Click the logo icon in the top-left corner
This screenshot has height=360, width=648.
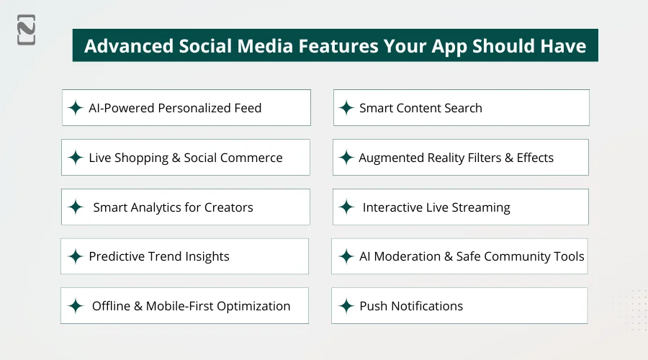click(x=27, y=30)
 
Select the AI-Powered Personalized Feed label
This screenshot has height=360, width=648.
click(x=175, y=108)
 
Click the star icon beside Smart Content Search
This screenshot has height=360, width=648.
click(x=346, y=108)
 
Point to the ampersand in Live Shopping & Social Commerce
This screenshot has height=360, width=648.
click(x=176, y=158)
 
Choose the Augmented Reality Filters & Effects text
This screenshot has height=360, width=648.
click(x=456, y=158)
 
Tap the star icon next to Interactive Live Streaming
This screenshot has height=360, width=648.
click(x=346, y=207)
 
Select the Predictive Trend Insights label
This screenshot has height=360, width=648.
click(x=159, y=256)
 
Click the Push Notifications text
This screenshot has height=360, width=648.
click(x=411, y=306)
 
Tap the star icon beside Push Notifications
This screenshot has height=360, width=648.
click(x=346, y=306)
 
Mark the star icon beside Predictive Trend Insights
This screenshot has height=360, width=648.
click(x=75, y=256)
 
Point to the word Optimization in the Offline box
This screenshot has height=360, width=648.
click(x=251, y=306)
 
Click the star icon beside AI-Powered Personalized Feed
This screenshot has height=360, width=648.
click(x=75, y=108)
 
